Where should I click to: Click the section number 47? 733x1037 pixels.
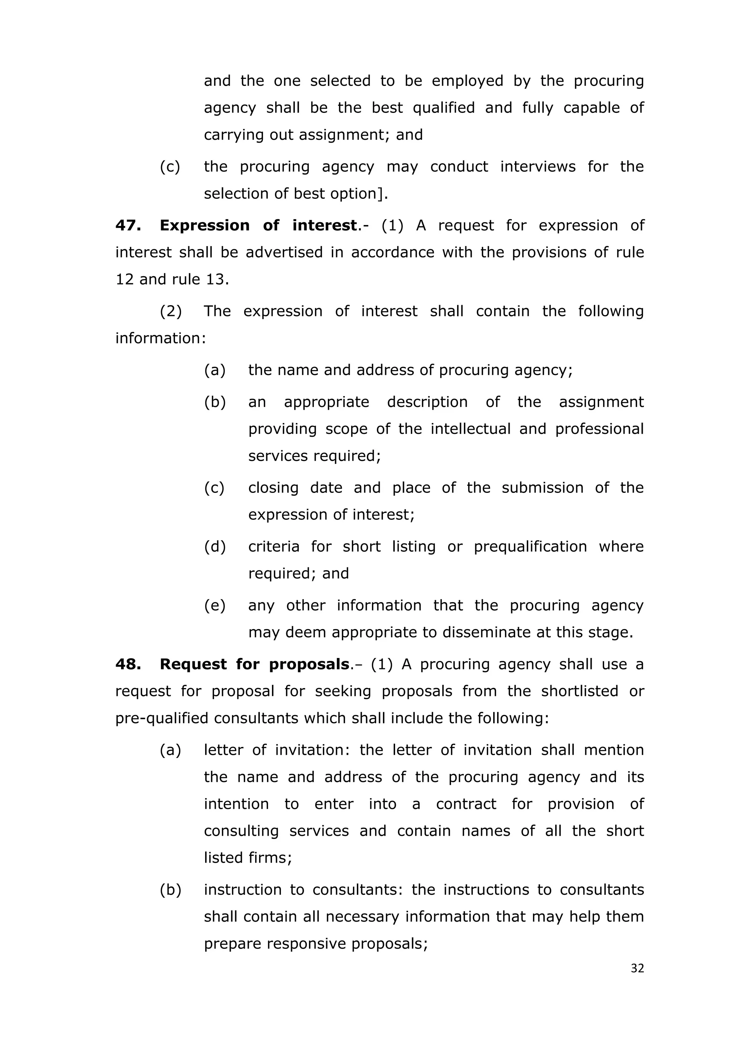[128, 225]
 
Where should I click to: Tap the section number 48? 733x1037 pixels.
[128, 664]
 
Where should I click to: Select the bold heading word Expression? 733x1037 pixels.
[204, 225]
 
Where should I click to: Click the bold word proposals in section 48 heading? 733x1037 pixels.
[309, 664]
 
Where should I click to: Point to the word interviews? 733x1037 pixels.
[538, 167]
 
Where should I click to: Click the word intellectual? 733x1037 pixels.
[470, 429]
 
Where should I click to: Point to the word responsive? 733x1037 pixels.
[307, 944]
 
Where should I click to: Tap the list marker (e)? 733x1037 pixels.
[214, 605]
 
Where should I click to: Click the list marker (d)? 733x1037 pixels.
[214, 547]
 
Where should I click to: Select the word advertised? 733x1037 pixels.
[284, 252]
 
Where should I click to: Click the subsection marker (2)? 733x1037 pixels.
[171, 311]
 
